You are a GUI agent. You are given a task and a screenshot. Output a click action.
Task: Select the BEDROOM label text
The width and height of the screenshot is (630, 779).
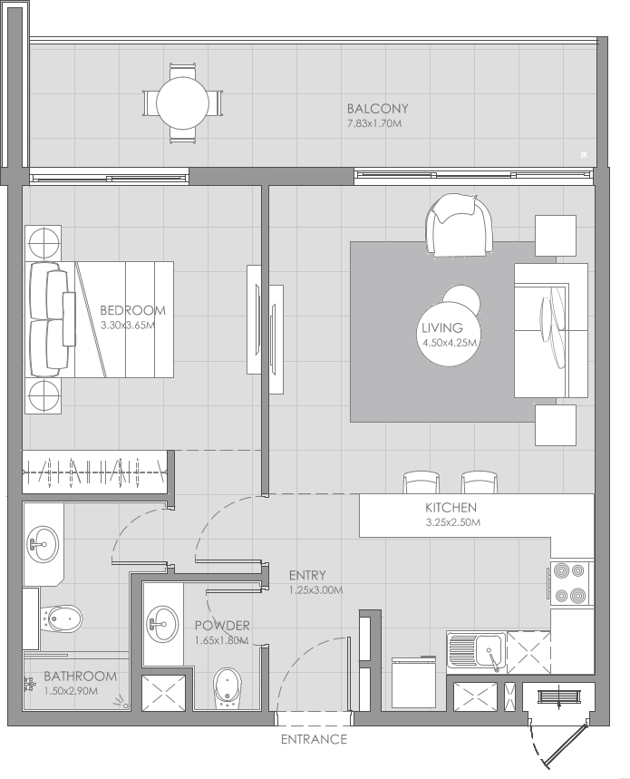pos(133,310)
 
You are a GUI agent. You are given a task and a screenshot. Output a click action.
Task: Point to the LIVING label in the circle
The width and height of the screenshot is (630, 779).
pos(442,328)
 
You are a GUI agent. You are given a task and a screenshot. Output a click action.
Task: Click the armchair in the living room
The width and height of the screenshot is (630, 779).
pos(460,226)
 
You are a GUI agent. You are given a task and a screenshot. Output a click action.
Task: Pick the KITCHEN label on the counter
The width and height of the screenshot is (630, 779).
pos(451,508)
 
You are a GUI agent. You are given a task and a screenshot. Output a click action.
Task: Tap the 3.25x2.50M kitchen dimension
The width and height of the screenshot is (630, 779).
pos(452,522)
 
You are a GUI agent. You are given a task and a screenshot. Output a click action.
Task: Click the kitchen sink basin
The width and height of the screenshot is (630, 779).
pos(488,650)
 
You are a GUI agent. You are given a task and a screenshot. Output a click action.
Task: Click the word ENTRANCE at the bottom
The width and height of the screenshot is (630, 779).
pos(314,739)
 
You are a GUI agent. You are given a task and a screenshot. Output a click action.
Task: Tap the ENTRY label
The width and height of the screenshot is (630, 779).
pos(307,575)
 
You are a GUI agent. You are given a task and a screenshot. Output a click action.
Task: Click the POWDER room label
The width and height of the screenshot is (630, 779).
pos(222,626)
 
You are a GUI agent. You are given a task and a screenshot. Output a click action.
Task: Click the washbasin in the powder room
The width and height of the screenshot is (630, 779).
pos(162,622)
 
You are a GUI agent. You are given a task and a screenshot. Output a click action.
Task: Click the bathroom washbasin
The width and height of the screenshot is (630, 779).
pos(41,545)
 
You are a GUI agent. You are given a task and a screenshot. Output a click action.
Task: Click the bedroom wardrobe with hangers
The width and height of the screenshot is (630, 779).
pos(95,472)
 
